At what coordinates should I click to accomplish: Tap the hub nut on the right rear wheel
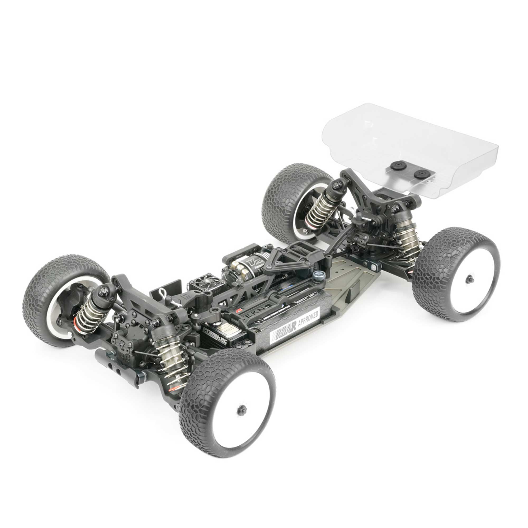[470, 279]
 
